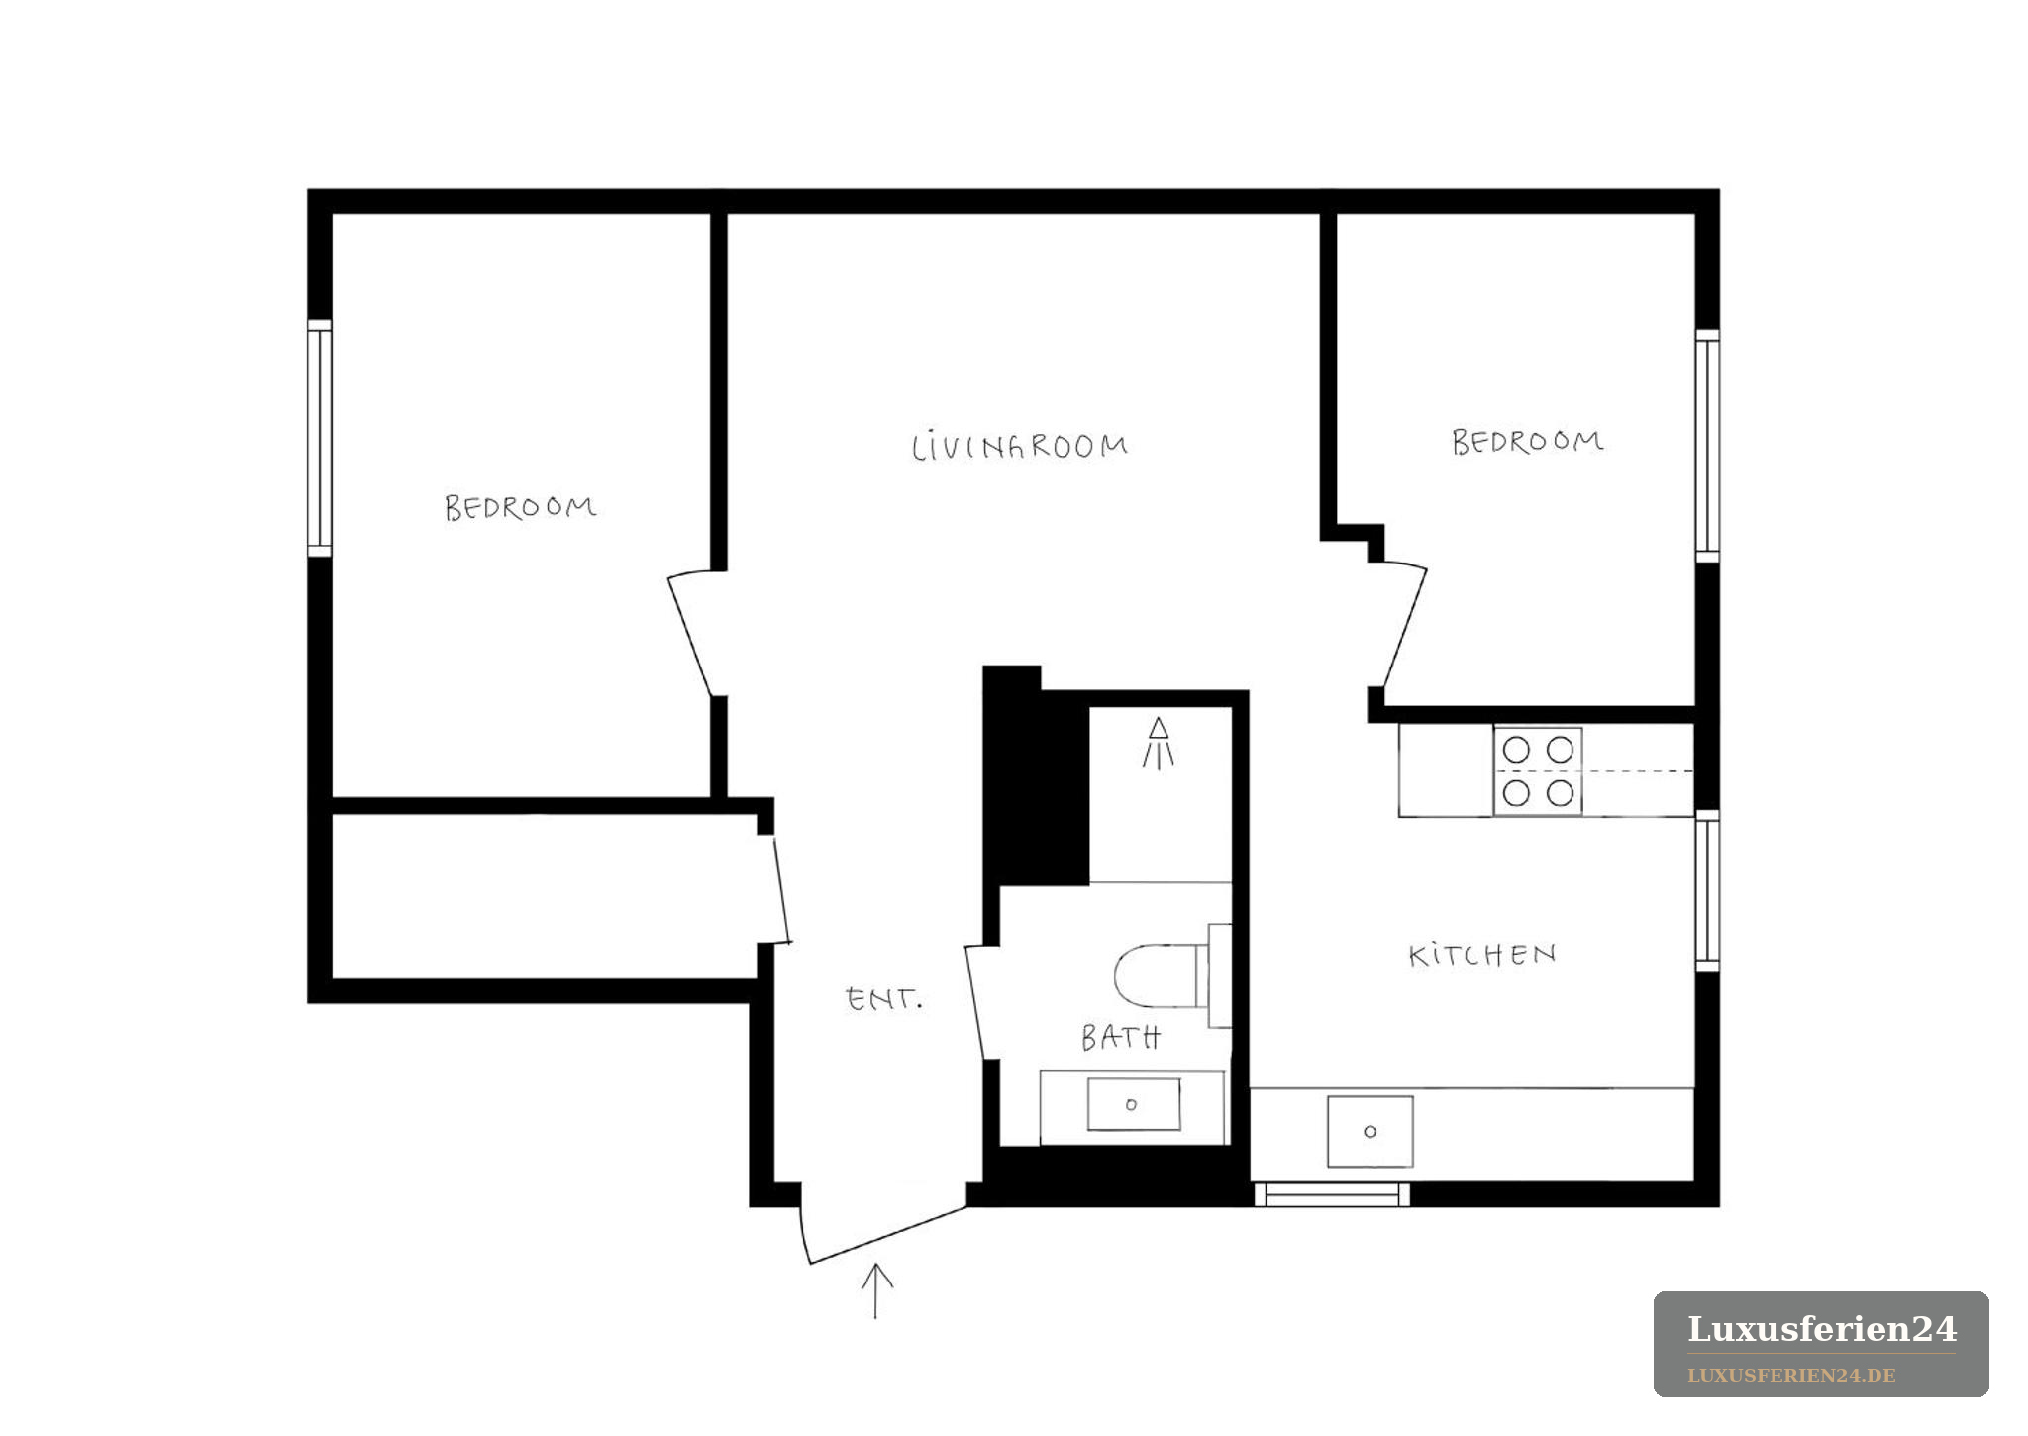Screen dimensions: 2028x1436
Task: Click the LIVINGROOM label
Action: tap(1020, 447)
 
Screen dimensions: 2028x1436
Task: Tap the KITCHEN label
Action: tap(1482, 955)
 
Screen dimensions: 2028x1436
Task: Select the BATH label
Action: tap(1121, 1037)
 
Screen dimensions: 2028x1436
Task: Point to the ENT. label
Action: tap(884, 999)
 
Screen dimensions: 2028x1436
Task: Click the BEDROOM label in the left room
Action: tap(521, 508)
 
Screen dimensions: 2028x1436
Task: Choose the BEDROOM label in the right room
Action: tap(1528, 442)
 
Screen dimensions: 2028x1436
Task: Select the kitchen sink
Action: tap(1370, 1131)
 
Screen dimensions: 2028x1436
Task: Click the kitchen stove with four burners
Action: tap(1538, 771)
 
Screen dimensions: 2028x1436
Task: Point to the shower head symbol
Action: tap(1158, 744)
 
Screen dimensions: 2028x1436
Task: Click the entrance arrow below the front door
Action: tap(876, 1291)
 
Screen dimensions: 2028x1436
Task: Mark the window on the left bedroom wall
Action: tap(319, 438)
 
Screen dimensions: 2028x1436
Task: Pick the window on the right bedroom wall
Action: tap(1707, 446)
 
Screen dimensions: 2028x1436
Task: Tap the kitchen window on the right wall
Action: tap(1707, 890)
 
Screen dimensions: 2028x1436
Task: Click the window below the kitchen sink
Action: tap(1332, 1194)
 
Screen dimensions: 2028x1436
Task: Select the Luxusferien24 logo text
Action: tap(1822, 1329)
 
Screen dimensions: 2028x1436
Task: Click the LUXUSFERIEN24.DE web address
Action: tap(1792, 1376)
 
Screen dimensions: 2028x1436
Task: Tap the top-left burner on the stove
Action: tap(1516, 750)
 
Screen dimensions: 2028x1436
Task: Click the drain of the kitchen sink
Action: tap(1370, 1131)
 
